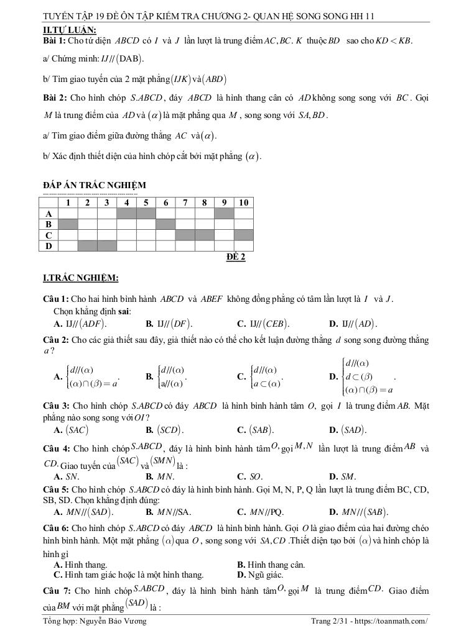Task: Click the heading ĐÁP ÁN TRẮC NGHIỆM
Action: tap(94, 185)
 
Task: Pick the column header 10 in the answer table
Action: tap(243, 202)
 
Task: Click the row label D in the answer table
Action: tap(49, 246)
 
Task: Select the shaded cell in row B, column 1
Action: tap(68, 224)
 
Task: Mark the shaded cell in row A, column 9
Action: tap(224, 213)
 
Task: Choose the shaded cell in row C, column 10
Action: tap(243, 235)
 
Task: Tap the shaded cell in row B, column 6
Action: tap(165, 224)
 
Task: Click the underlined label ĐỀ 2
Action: tap(236, 257)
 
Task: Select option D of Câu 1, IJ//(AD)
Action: tap(353, 324)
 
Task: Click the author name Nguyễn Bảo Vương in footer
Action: tap(113, 622)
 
